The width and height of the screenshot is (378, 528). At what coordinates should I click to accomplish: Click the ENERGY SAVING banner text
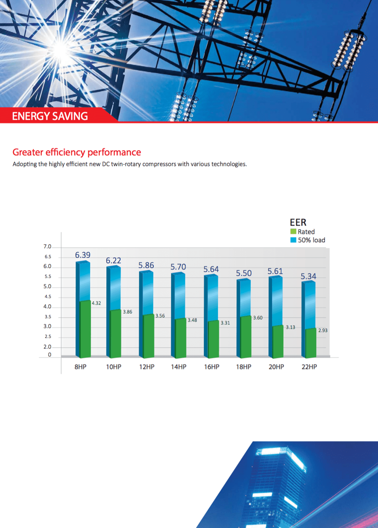50,116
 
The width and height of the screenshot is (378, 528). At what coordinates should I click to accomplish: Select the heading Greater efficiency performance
77,152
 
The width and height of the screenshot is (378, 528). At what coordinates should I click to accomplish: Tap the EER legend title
298,222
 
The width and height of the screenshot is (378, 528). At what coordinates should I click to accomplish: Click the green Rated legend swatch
293,232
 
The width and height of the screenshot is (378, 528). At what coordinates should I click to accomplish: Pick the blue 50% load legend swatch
293,240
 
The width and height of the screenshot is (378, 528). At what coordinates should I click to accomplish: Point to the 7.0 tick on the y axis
47,247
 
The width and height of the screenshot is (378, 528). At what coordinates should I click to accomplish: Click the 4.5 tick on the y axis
48,297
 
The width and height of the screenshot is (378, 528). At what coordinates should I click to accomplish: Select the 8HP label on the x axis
80,367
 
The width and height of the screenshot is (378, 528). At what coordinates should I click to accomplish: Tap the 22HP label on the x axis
309,367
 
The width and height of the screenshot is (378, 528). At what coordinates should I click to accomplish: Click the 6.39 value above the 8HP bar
83,255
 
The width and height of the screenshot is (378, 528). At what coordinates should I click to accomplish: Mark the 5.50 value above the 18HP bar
244,273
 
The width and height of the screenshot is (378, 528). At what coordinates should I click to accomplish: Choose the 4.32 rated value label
96,303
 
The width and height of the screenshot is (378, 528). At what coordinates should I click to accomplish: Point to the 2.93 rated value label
323,330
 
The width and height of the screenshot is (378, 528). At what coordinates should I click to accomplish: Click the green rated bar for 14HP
181,338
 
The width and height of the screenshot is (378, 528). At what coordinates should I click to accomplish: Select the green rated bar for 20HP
278,342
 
